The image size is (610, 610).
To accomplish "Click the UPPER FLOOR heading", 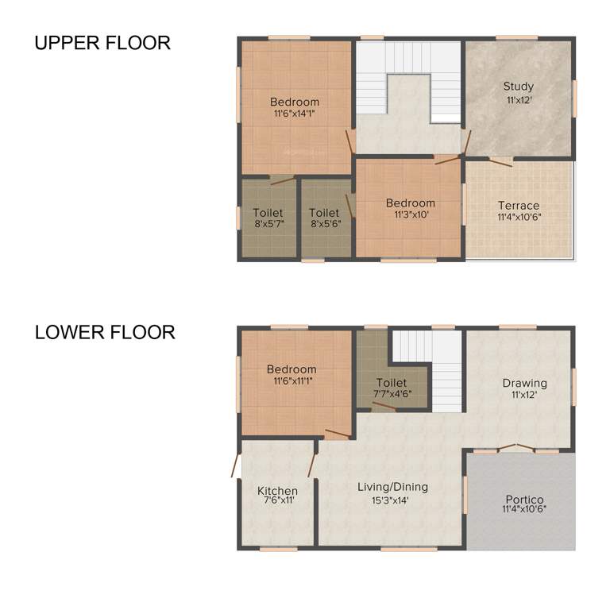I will click(102, 43).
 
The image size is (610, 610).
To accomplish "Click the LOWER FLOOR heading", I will click(105, 332).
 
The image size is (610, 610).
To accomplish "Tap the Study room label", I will click(519, 86).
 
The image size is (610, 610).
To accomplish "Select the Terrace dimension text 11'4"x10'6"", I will click(519, 217).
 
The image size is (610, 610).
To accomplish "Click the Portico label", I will click(524, 500).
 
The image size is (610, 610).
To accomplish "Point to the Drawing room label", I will click(524, 383).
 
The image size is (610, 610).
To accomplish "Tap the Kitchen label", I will click(277, 491).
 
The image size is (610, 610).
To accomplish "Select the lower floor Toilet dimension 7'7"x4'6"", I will click(392, 394).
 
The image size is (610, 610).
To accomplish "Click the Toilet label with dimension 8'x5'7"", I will click(268, 213).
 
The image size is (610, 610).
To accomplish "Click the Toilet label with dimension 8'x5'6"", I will click(324, 213).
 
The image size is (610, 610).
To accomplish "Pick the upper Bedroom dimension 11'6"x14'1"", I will click(295, 114).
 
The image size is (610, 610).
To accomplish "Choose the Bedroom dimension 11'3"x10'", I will click(410, 214).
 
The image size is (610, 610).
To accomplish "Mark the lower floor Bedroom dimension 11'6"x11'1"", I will click(291, 381).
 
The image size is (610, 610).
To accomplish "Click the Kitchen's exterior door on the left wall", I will click(235, 465).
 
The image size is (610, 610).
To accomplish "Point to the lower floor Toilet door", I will click(384, 407).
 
